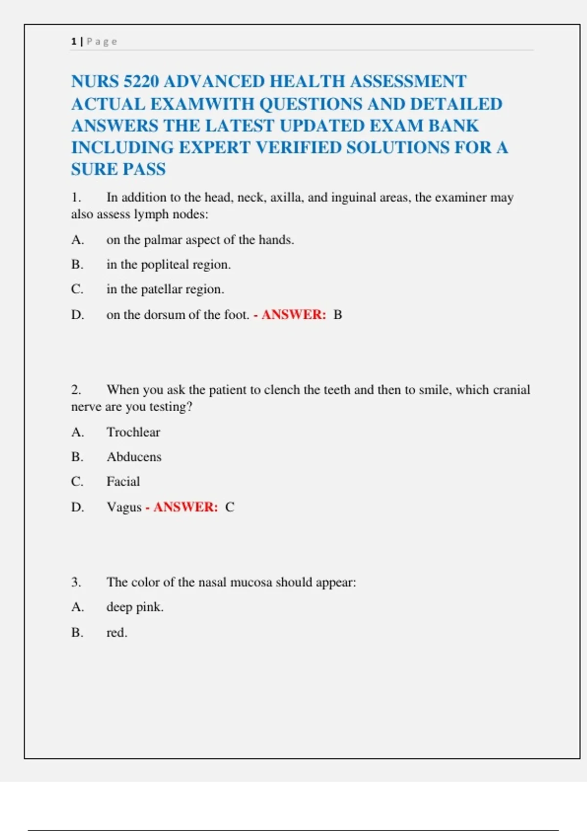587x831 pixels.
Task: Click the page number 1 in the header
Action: click(73, 42)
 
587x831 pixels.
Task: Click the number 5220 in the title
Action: click(141, 81)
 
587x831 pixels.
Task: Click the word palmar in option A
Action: click(162, 240)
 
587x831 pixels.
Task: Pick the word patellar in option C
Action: click(161, 289)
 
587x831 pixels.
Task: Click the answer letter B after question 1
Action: click(338, 315)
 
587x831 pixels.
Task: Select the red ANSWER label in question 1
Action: click(293, 315)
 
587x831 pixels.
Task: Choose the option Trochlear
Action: click(133, 432)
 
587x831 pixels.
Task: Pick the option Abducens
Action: click(134, 457)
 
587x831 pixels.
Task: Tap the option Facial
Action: click(123, 481)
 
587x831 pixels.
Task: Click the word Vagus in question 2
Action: click(124, 507)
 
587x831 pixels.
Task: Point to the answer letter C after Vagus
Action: click(229, 507)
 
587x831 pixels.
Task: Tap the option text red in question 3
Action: click(116, 633)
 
